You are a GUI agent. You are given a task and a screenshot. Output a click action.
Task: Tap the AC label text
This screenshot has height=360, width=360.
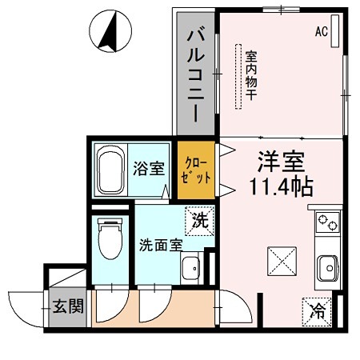click(x=321, y=32)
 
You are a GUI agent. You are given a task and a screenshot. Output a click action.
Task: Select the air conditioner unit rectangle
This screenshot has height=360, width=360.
click(x=336, y=32)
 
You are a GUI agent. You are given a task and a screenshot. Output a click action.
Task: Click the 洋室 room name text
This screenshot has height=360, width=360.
click(x=280, y=160)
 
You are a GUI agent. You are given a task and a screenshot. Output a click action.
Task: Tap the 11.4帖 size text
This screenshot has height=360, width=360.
click(x=280, y=188)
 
